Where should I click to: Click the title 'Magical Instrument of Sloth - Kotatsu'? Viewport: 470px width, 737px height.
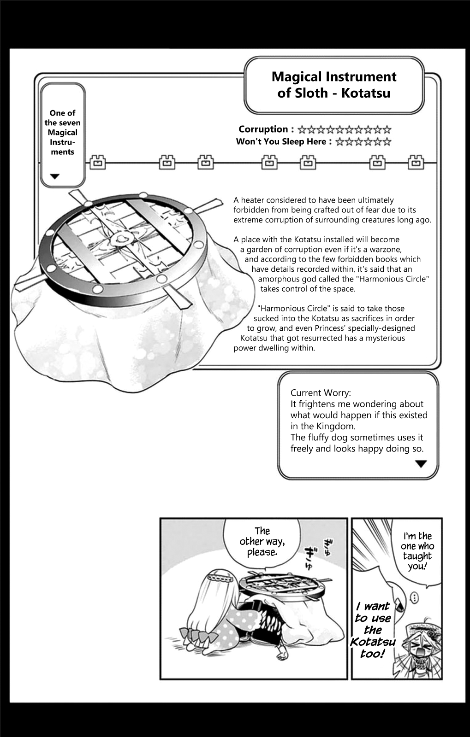coord(333,85)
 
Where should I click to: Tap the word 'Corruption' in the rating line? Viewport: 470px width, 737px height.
coord(263,129)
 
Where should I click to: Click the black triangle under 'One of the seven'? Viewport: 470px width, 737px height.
coord(54,176)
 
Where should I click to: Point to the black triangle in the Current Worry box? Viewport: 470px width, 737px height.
coord(421,464)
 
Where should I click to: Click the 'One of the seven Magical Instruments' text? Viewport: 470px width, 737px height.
coord(62,132)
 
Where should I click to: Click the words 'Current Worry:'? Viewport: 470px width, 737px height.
coord(320,393)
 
